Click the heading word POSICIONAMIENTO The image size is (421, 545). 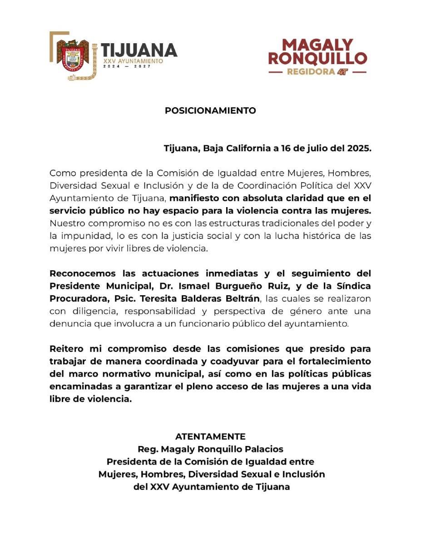[210, 110]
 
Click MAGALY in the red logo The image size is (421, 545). [317, 45]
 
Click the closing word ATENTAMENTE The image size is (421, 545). [210, 436]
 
